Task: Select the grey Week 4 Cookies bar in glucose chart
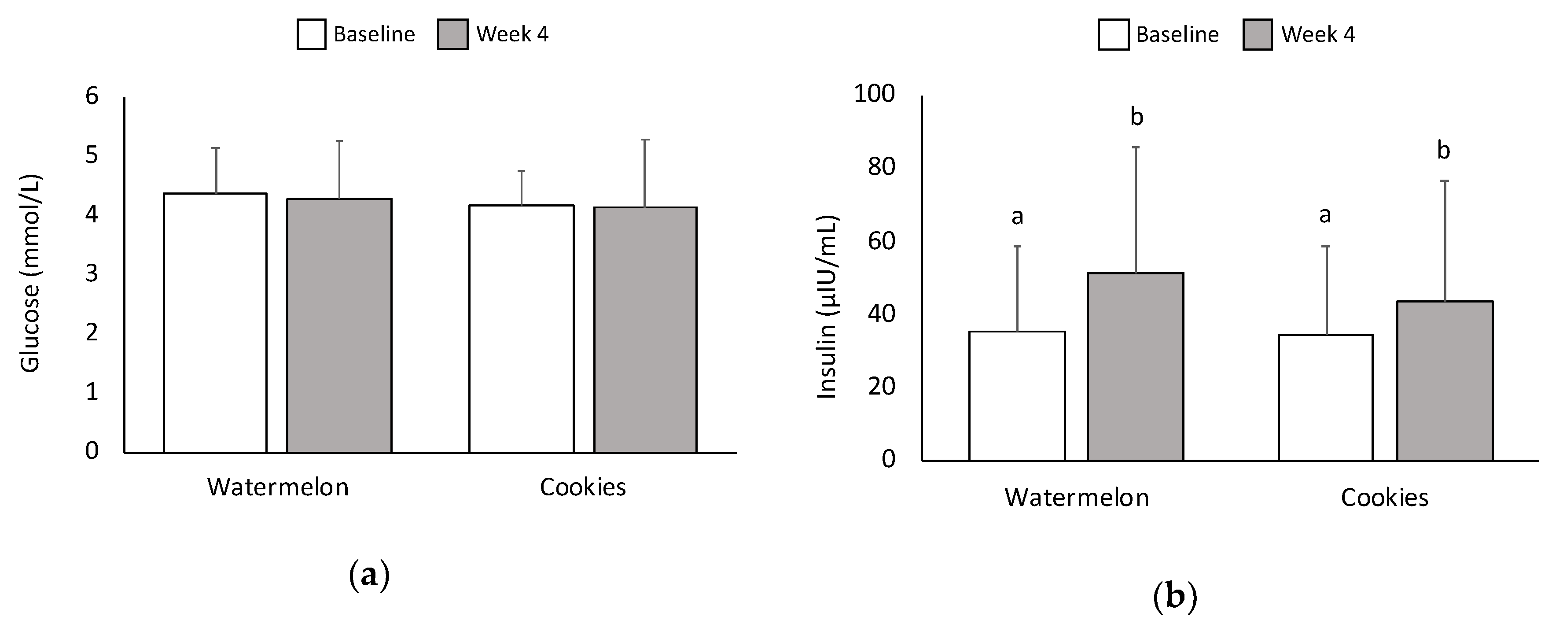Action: (x=645, y=330)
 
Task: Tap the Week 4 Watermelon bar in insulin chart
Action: (x=1136, y=366)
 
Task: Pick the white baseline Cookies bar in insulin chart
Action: (x=1325, y=397)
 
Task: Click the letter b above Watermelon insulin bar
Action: (x=1136, y=117)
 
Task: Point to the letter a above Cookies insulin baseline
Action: (x=1325, y=214)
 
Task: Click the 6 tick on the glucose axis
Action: (x=92, y=96)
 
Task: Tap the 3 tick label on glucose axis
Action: (x=92, y=273)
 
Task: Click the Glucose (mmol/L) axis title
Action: (x=30, y=274)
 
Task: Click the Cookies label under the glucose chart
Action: (x=583, y=487)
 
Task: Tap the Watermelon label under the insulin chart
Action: (x=1077, y=497)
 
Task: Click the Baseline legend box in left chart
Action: (x=312, y=34)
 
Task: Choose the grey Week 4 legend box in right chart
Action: (x=1258, y=34)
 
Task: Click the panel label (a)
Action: (x=369, y=576)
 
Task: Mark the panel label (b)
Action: (x=1175, y=597)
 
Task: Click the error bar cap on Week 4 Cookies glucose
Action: (x=645, y=140)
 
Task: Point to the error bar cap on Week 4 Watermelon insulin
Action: (x=1136, y=147)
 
